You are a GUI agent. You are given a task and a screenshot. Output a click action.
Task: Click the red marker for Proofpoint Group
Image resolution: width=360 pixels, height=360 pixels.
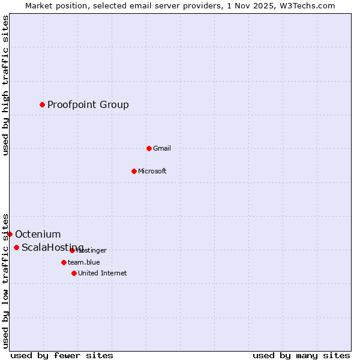42,104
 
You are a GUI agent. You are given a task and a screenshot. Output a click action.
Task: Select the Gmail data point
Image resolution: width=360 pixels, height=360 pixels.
149,148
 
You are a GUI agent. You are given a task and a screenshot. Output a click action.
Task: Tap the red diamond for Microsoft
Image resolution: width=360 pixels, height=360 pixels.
134,171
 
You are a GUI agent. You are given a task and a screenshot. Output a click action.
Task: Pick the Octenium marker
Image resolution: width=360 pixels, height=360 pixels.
10,234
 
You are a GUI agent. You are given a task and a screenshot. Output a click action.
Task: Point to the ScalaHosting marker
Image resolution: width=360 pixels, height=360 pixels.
16,247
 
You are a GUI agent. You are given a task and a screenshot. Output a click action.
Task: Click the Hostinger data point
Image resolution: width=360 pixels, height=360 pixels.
72,250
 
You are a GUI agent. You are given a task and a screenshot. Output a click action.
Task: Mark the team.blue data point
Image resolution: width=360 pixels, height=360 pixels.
64,262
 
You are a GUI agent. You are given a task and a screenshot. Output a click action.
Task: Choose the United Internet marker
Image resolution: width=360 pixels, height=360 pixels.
74,273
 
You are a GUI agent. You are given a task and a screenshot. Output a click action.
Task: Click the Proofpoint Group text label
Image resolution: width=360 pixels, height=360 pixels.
88,105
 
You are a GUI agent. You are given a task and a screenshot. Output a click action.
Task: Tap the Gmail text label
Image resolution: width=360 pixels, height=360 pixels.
162,148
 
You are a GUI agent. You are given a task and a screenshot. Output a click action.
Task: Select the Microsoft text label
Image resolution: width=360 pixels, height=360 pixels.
152,171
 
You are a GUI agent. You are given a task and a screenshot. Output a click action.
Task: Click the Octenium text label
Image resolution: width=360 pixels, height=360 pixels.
38,235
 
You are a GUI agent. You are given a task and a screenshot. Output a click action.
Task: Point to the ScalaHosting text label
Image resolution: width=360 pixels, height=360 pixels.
53,248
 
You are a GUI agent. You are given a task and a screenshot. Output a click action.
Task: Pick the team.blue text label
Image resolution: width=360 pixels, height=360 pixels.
84,262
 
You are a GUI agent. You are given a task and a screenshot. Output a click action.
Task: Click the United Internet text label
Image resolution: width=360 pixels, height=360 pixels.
103,273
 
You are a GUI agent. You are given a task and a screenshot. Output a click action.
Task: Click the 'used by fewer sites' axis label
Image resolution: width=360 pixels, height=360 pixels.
62,355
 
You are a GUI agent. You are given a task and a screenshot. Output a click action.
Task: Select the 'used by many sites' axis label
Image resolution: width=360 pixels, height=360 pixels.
301,355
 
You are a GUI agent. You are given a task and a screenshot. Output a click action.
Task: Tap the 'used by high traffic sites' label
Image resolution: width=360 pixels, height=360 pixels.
6,86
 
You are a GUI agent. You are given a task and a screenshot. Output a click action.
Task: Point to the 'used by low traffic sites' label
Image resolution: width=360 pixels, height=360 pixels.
6,280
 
